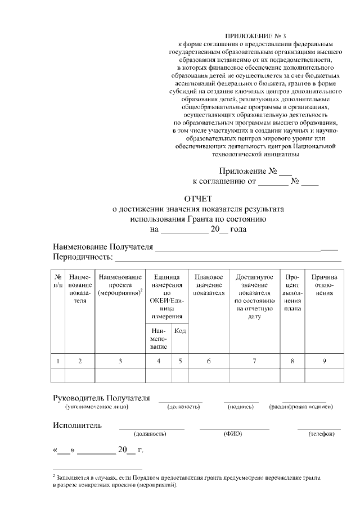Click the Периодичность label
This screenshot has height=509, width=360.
(83, 258)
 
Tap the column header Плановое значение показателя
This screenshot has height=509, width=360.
(209, 285)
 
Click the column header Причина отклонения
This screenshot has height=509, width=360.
(324, 285)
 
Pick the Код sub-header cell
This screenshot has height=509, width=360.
(181, 331)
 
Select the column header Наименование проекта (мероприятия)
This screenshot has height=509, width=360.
(120, 285)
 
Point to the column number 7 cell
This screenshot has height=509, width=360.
(254, 361)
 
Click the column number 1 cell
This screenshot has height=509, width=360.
(58, 361)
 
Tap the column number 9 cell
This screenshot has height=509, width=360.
(324, 361)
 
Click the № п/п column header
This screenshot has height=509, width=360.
(58, 282)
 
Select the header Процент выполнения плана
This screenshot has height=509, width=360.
(292, 292)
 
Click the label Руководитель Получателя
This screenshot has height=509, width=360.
(101, 398)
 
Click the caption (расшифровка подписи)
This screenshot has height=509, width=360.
(298, 407)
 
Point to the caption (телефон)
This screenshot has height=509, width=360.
(321, 434)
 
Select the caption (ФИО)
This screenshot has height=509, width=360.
(232, 434)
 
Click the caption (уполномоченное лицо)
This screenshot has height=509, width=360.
(97, 407)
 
